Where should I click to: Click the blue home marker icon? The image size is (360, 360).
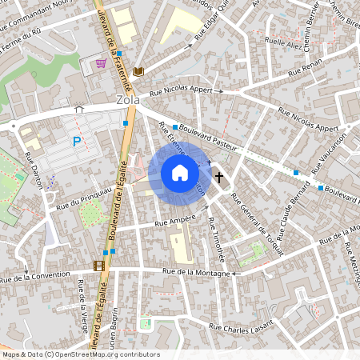pos(180,173)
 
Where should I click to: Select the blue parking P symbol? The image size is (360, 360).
pos(77,142)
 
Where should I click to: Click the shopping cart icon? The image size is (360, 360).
pos(101,64)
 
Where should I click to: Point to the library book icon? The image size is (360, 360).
pos(138,72)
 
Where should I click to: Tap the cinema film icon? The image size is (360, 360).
pos(98,266)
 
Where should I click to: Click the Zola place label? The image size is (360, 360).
pos(127,100)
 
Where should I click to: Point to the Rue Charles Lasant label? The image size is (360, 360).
pos(242,326)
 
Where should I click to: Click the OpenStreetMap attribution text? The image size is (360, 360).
pos(80,354)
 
